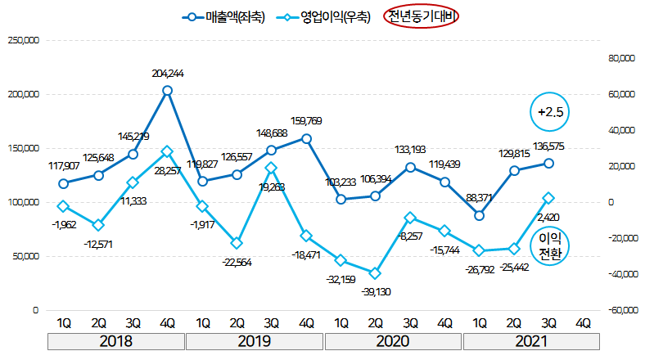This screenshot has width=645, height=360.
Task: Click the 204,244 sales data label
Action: coord(167,74)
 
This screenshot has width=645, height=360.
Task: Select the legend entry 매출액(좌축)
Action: coord(224,17)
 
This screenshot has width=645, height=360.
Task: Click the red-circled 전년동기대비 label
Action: coord(422,17)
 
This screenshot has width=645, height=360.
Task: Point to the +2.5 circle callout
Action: coord(549,112)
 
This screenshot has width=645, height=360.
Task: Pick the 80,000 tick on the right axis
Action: coord(622,59)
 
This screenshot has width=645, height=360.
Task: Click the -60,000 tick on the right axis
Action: coord(620,310)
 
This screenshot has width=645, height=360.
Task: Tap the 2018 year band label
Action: coord(115,341)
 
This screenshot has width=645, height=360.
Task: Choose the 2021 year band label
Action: coord(532,341)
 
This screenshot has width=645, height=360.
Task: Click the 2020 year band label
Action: coord(393,341)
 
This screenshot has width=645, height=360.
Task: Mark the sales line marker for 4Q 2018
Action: coord(167,91)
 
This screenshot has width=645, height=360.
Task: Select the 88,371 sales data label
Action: coord(480,198)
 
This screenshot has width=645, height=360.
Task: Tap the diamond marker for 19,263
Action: coord(272,168)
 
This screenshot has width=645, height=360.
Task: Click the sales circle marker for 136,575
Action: coord(549,164)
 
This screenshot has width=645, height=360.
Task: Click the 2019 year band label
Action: coord(255,341)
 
